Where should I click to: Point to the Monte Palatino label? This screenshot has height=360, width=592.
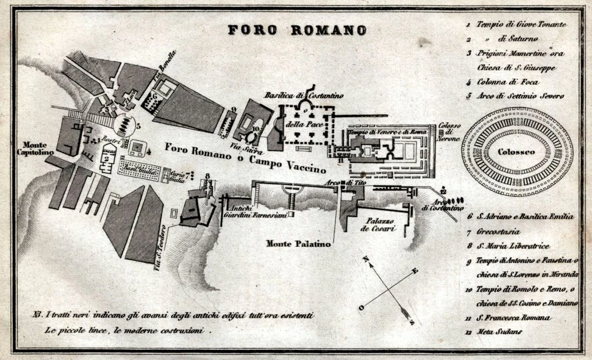(x=299, y=243)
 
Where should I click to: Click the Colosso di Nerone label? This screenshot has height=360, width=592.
(x=448, y=132)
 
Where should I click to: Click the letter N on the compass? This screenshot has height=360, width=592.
(x=366, y=259)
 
